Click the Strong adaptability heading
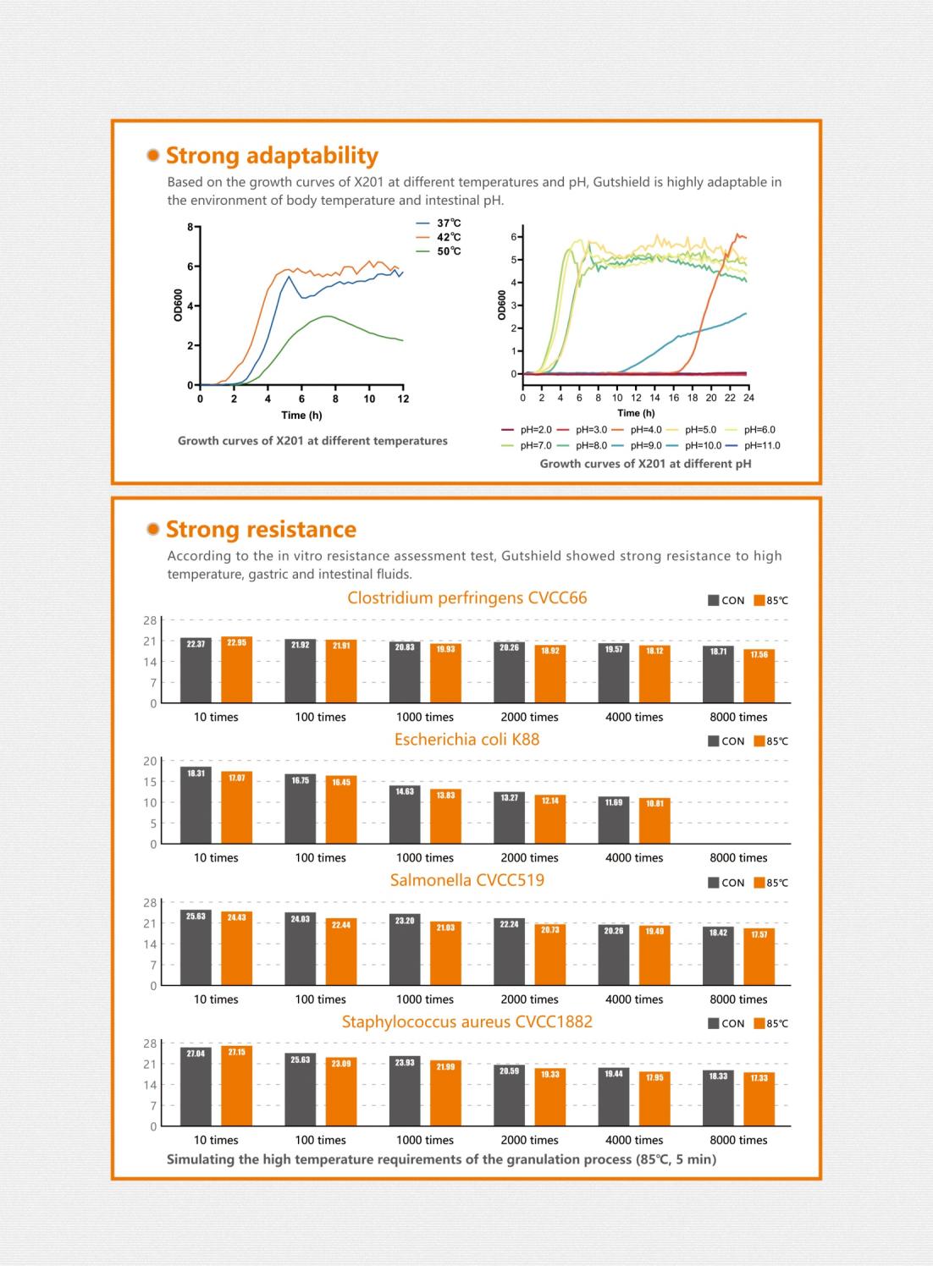point(272,156)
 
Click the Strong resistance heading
point(262,529)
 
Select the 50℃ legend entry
point(439,251)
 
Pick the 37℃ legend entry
point(439,223)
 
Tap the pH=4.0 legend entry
point(637,430)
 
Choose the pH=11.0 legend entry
point(754,445)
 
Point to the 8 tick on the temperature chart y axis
point(190,227)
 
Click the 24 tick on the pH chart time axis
point(748,398)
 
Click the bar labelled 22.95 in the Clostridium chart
point(236,669)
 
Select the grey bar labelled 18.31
point(196,806)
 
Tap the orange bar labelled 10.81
point(654,821)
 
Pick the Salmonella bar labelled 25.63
point(196,947)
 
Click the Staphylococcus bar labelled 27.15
point(236,1086)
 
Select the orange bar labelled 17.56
point(759,676)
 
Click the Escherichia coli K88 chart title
point(467,740)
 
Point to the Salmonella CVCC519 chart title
point(467,880)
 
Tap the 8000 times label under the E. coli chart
point(738,857)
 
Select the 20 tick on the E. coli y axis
point(150,762)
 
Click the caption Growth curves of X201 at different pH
point(646,464)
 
